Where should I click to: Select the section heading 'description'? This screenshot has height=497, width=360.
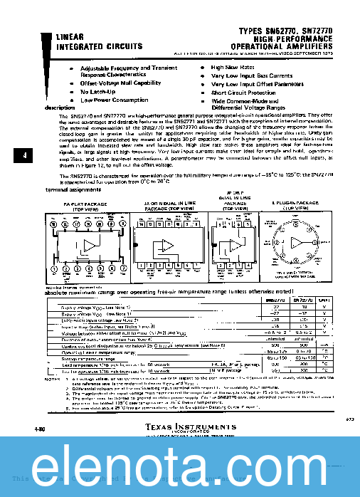60,108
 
